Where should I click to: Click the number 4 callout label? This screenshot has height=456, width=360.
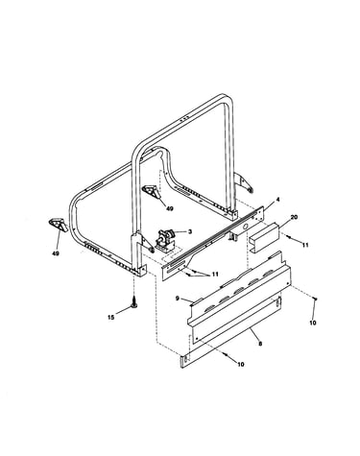pos(277,200)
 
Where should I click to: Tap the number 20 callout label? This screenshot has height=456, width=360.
pos(294,217)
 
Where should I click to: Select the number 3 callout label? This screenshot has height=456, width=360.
pos(190,231)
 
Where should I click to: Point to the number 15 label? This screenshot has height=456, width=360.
pos(110,318)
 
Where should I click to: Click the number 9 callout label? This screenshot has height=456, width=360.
pos(178,299)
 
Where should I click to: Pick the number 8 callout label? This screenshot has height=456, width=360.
pos(260,344)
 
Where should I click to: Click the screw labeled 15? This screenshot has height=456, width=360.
pos(134,301)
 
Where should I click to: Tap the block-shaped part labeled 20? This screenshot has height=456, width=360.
pos(265,238)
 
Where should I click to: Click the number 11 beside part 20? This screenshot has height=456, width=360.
pos(305,245)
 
